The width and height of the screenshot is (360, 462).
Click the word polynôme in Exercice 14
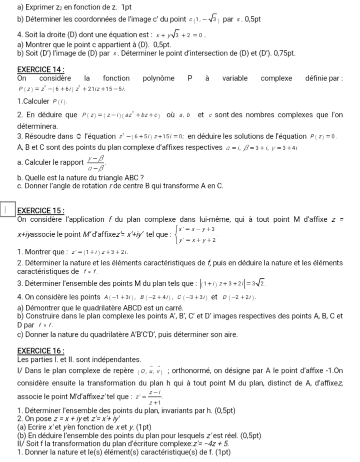pos(158,78)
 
